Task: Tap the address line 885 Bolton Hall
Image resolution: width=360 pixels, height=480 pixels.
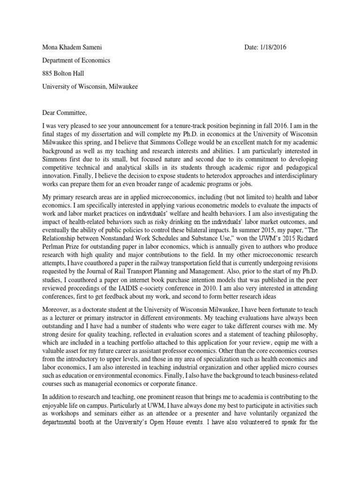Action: [x=64, y=74]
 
